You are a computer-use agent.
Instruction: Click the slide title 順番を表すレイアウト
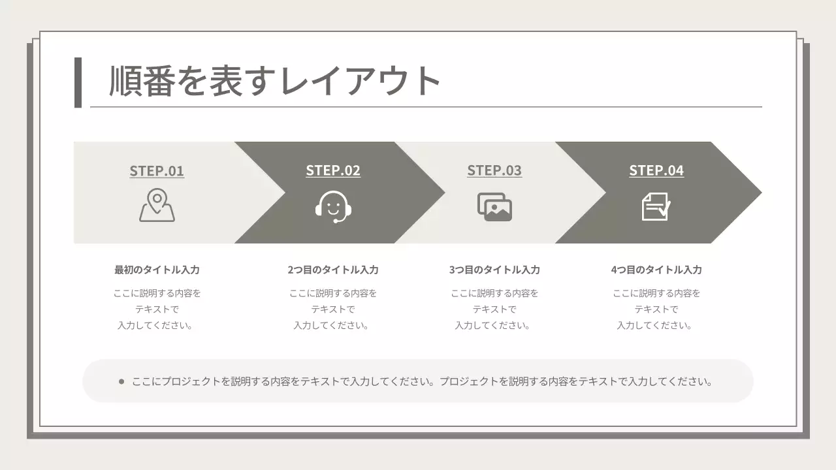(x=275, y=81)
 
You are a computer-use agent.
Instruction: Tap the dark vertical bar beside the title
(x=78, y=82)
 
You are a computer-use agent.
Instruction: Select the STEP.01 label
(x=157, y=171)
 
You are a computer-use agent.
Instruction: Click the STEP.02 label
(x=333, y=170)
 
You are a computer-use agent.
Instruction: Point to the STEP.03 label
(x=494, y=170)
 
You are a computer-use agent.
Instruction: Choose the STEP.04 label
(x=656, y=170)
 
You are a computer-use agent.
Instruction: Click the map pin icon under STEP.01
(x=157, y=206)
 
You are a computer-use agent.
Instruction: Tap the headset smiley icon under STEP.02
(x=334, y=207)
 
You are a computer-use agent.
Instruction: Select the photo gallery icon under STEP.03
(x=494, y=207)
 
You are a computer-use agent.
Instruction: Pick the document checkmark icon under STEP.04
(x=656, y=207)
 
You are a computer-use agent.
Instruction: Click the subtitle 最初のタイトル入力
(x=157, y=270)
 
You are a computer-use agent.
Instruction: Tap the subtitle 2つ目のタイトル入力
(x=333, y=270)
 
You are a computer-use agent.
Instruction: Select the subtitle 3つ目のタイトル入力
(x=494, y=270)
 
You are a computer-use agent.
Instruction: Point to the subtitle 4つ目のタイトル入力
(x=656, y=270)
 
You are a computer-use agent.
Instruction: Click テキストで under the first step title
(x=157, y=309)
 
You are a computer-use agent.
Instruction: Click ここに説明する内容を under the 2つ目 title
(x=333, y=293)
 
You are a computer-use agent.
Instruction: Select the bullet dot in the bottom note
(x=121, y=381)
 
